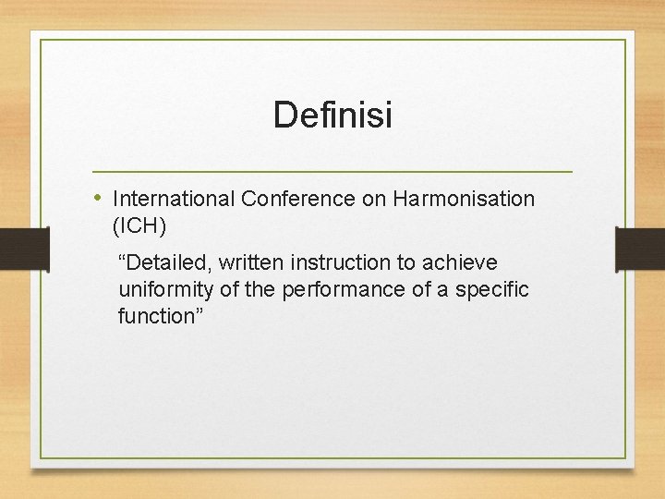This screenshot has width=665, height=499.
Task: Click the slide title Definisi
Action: coord(332,116)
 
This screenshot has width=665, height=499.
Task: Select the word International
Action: coord(173,199)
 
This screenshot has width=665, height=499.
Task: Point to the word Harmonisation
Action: coord(463,199)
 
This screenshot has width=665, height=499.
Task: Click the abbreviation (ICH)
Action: coord(139,225)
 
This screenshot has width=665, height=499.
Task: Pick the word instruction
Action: coord(342,263)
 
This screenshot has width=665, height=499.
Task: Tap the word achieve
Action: coord(464,263)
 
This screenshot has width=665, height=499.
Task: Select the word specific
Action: coord(493,290)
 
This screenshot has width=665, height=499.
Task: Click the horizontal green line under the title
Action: coord(332,172)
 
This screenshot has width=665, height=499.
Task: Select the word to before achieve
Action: coord(406,263)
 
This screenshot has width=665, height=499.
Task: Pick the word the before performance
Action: coord(260,290)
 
